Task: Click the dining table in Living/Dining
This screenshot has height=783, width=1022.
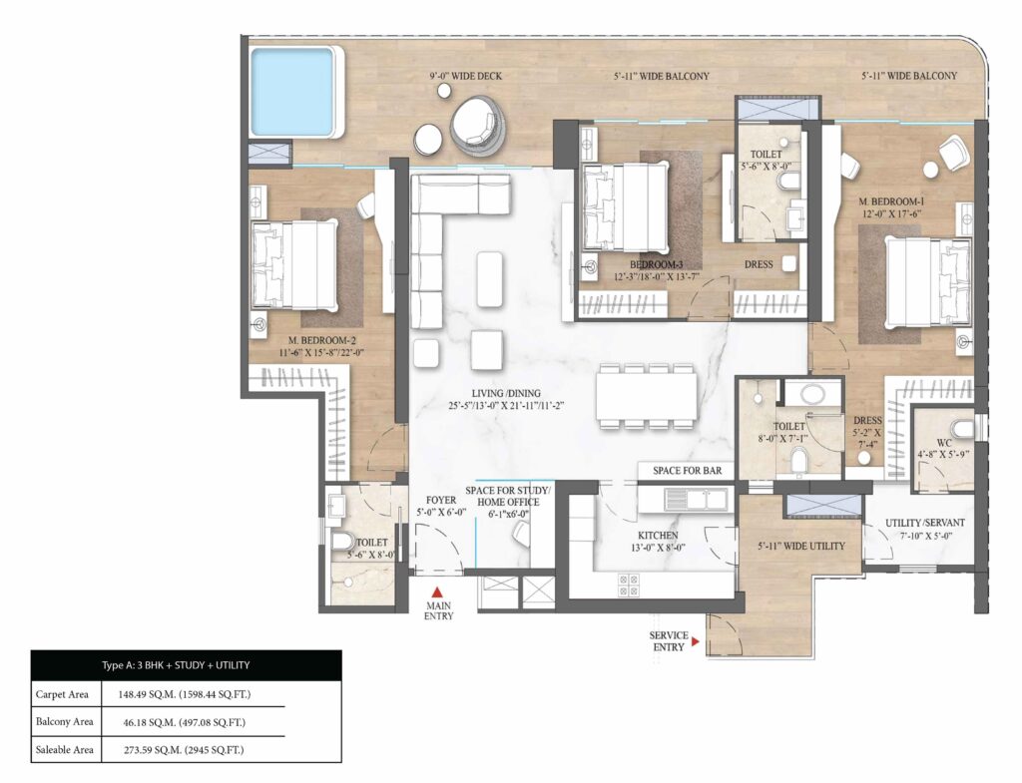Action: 646,396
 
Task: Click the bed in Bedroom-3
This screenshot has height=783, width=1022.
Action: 625,207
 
